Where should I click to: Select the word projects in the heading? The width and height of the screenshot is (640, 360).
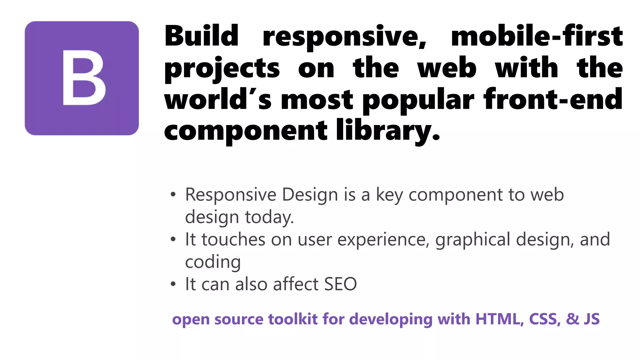pyautogui.click(x=222, y=69)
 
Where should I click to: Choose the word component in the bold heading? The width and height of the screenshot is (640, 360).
pyautogui.click(x=246, y=131)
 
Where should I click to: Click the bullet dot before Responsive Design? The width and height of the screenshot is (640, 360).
pyautogui.click(x=173, y=194)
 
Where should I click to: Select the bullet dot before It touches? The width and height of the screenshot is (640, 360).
pyautogui.click(x=173, y=239)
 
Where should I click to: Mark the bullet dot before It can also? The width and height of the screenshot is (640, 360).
pyautogui.click(x=173, y=284)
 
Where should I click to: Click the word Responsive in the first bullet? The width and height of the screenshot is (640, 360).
pyautogui.click(x=231, y=195)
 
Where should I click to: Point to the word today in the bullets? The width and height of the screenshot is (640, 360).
pyautogui.click(x=269, y=217)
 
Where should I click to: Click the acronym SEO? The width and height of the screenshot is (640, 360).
pyautogui.click(x=340, y=284)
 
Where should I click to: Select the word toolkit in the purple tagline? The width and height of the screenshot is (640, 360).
pyautogui.click(x=293, y=319)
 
